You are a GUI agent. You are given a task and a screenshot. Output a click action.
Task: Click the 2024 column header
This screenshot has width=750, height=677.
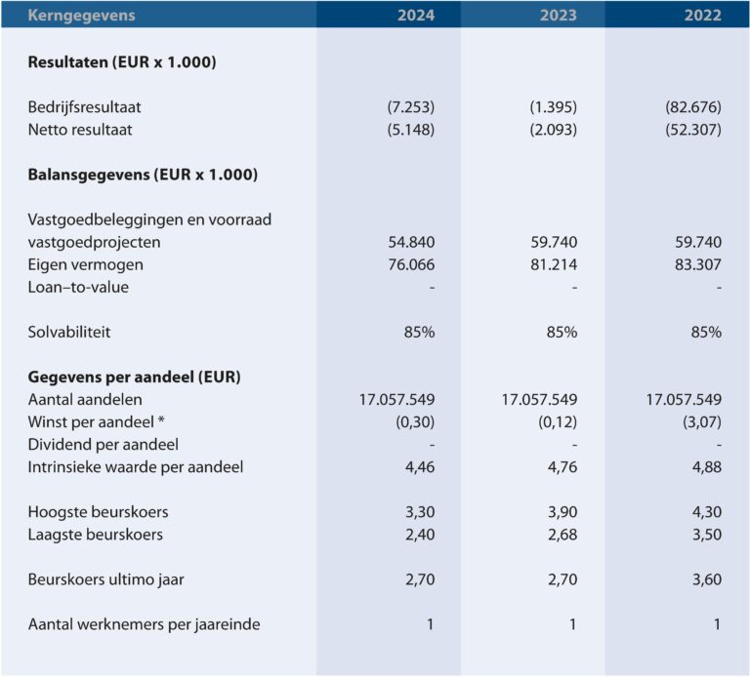coord(416,16)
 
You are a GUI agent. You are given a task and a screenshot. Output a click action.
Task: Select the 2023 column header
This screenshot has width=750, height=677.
coord(559,16)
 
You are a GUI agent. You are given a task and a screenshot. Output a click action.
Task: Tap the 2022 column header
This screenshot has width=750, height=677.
coord(702,16)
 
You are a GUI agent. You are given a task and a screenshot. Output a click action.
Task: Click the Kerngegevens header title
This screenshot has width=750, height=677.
coord(81,16)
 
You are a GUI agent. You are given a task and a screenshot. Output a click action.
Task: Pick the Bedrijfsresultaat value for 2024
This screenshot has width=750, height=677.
coord(411,107)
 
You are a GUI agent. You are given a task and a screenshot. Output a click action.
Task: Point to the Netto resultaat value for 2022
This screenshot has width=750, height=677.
coord(693,130)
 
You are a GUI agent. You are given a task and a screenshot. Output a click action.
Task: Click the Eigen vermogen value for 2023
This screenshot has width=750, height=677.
coord(554,264)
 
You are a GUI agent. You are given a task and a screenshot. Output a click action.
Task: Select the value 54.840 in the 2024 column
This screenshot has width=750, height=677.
coord(411,242)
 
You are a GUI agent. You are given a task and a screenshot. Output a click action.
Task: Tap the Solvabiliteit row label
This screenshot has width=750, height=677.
coord(69,332)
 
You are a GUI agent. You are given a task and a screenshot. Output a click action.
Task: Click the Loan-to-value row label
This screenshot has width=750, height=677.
coord(78,287)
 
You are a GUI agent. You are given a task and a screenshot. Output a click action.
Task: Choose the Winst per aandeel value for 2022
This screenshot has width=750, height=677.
coord(702,421)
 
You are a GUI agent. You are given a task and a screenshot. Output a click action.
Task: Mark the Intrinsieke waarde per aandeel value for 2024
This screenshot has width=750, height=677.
coord(420,467)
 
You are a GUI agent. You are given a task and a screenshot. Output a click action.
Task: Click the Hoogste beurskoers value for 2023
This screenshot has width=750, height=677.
coord(562,512)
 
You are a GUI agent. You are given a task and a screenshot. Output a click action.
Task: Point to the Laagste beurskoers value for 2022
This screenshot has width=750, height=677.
coord(707,535)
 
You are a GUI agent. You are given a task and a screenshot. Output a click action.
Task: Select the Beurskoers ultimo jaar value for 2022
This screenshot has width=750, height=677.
coord(707,579)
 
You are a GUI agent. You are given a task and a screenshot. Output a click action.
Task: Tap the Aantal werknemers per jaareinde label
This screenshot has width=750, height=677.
coord(144,624)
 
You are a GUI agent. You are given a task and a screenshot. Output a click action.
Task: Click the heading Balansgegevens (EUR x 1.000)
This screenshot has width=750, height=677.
coord(143,175)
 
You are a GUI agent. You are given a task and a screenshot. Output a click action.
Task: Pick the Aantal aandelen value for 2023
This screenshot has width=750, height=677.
coord(539,399)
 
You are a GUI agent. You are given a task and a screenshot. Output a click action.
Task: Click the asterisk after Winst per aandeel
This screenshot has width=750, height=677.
coord(161,419)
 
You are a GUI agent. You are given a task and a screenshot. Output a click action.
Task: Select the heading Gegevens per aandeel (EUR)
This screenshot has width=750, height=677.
coord(134,378)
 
